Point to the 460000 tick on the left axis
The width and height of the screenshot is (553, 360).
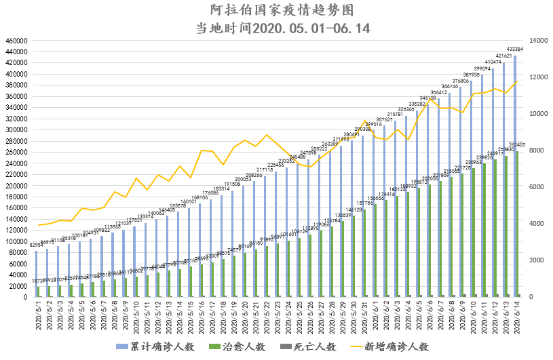(15, 41)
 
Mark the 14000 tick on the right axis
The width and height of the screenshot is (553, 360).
(529, 41)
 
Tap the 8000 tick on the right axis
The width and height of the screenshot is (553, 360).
(527, 151)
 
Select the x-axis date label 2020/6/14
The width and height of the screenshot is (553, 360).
(516, 316)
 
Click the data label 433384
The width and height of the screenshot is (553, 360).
(514, 49)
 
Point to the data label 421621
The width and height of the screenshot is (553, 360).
(503, 56)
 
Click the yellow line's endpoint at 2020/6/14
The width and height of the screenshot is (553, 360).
(517, 81)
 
